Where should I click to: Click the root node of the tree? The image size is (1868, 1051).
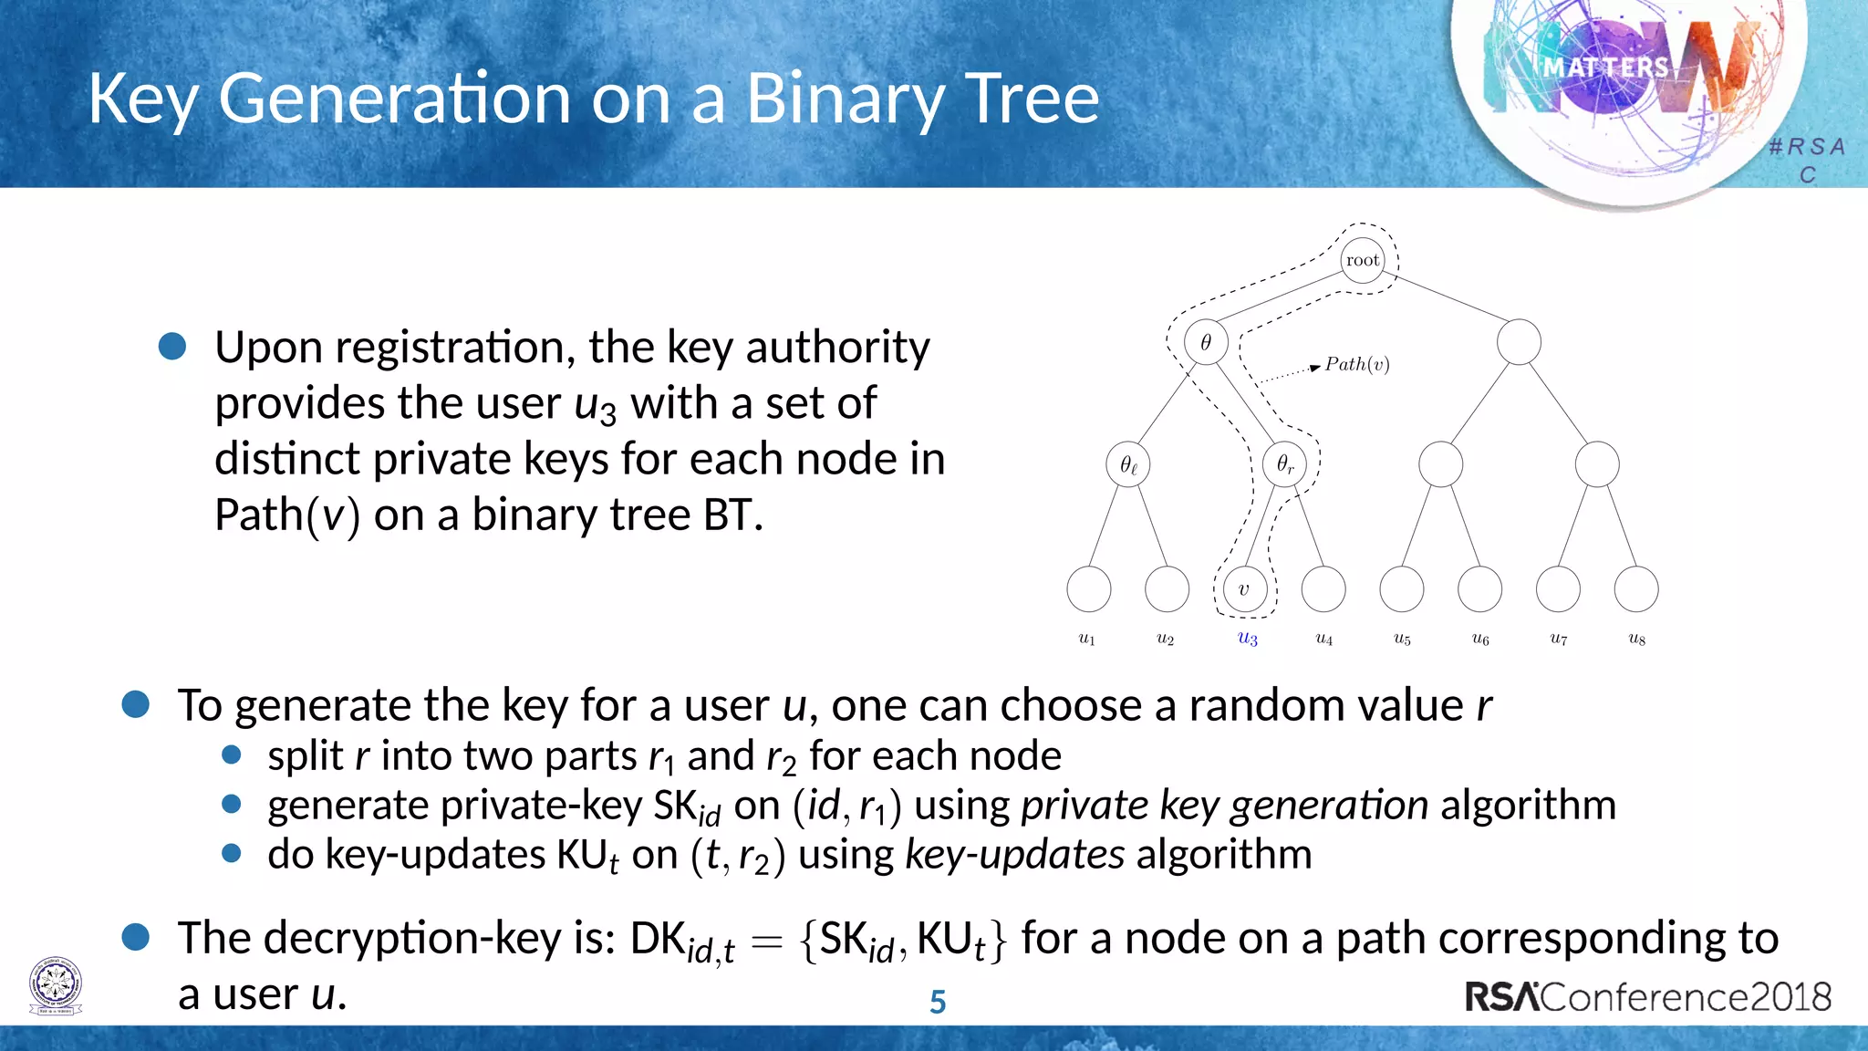[1363, 260]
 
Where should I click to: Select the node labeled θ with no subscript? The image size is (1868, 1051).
[1206, 342]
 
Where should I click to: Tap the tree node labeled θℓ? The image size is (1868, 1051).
[1128, 464]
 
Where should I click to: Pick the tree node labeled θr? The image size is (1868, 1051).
[1284, 464]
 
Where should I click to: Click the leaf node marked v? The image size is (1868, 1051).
[1244, 589]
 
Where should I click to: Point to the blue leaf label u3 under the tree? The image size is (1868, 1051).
[1247, 639]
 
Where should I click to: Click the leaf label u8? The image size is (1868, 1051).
[1637, 639]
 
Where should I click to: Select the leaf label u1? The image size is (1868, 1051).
[1087, 639]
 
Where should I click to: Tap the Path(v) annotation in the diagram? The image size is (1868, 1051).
[1356, 365]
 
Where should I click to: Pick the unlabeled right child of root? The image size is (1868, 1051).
[1519, 342]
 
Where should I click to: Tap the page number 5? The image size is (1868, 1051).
[938, 1002]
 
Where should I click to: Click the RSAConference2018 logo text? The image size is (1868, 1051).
[1647, 996]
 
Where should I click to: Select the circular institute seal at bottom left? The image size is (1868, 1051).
[56, 986]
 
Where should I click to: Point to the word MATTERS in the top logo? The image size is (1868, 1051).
[1606, 68]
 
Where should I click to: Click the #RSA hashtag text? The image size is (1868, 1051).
[1807, 147]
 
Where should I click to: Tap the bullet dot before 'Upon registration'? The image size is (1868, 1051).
[172, 347]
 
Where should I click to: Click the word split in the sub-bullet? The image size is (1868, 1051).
[305, 756]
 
